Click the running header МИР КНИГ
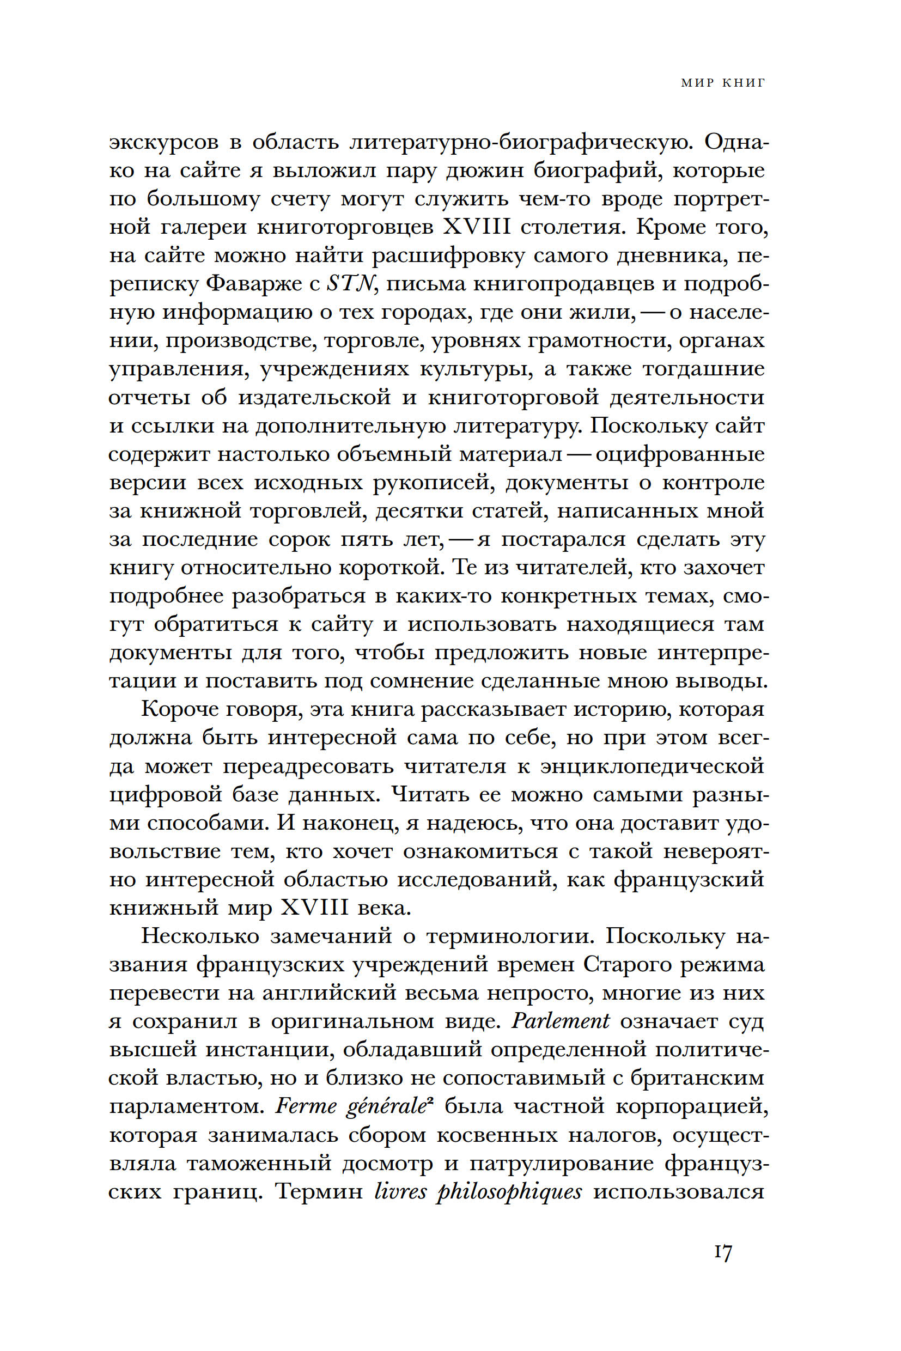(x=723, y=83)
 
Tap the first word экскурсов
(x=164, y=142)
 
